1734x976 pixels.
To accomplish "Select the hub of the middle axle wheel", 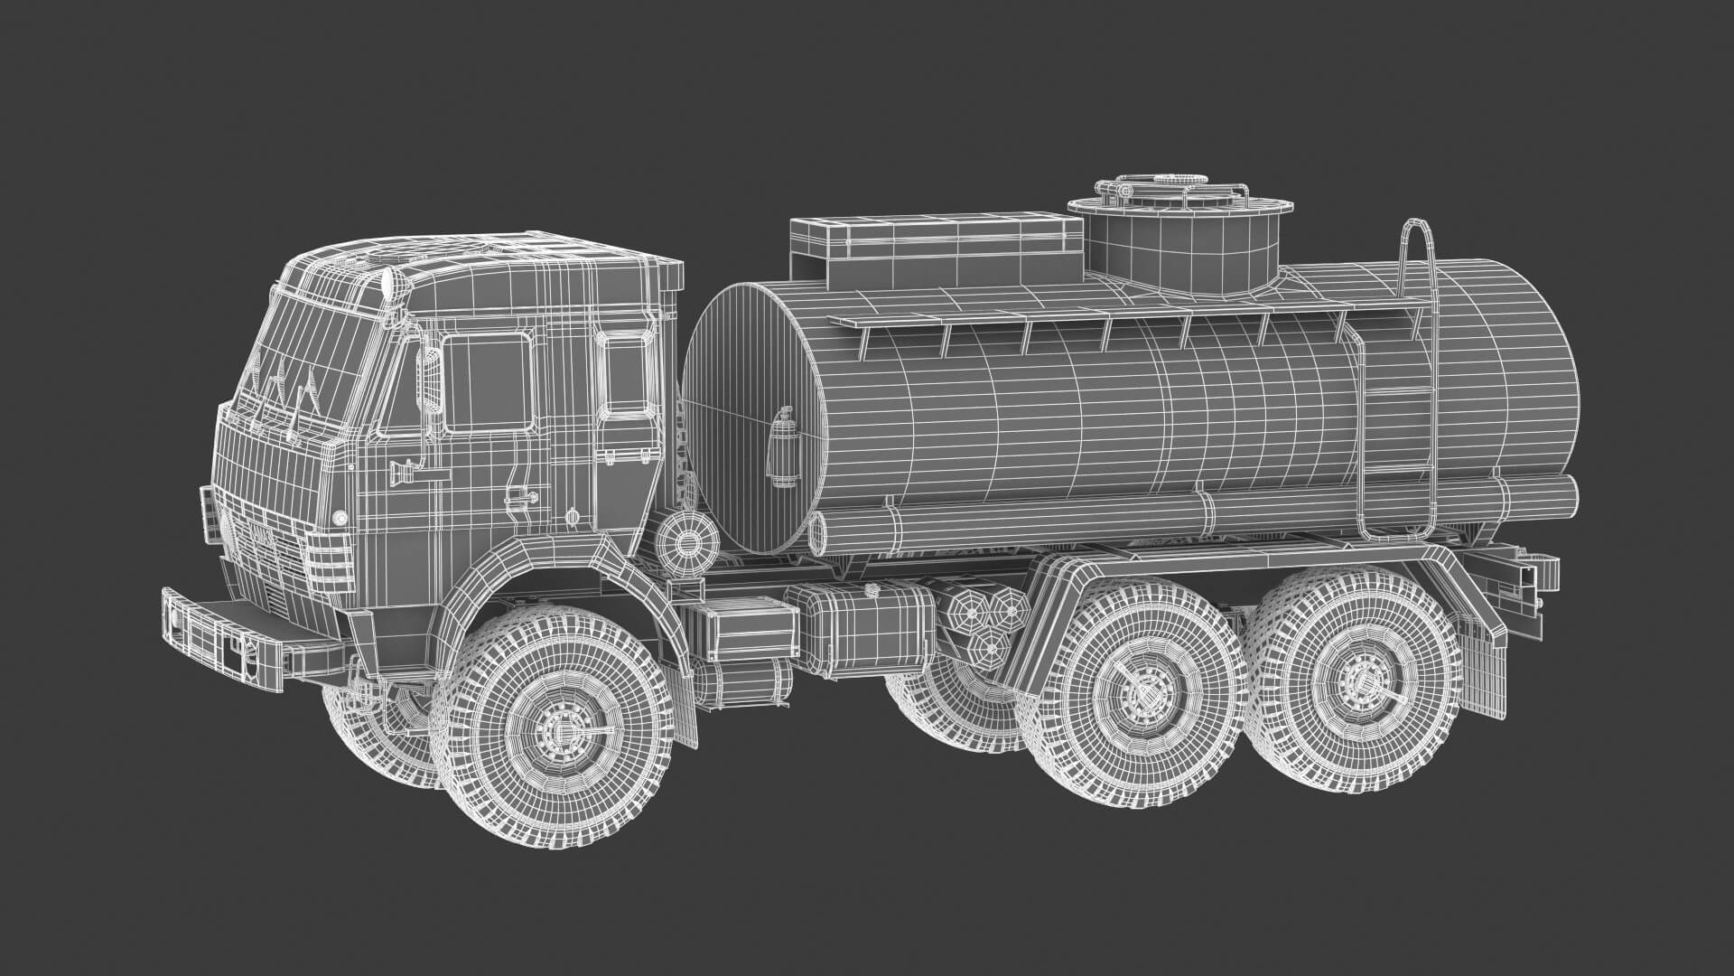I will [1141, 694].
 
